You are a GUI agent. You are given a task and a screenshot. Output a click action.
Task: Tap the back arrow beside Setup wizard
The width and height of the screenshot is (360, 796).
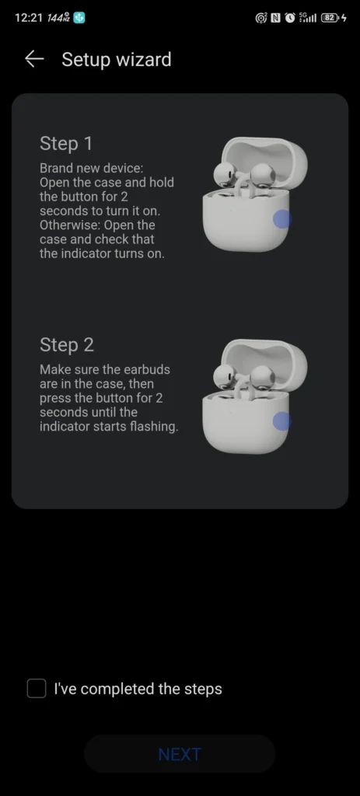[34, 59]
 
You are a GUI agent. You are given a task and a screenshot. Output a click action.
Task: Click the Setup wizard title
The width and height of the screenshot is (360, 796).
[117, 60]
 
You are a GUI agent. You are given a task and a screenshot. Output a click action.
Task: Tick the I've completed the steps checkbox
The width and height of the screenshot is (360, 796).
[37, 689]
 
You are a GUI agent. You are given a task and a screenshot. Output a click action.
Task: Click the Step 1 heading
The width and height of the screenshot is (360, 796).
[66, 144]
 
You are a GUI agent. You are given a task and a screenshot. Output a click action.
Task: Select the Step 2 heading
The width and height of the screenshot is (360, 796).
[67, 344]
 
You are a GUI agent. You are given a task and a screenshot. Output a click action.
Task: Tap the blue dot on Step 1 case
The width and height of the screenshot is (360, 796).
[282, 219]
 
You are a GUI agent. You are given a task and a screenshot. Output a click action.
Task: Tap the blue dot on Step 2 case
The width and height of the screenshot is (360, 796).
[282, 421]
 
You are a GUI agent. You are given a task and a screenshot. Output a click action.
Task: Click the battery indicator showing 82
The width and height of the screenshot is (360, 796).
[330, 19]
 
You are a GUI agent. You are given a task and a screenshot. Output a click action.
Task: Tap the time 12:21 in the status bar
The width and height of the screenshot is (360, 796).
[29, 18]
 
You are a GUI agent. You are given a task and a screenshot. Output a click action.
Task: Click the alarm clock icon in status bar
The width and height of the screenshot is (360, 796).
[290, 19]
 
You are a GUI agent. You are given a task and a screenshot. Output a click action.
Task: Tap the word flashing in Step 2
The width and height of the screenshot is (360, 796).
[153, 427]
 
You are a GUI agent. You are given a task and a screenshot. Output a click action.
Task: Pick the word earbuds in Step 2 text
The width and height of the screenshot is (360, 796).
[145, 369]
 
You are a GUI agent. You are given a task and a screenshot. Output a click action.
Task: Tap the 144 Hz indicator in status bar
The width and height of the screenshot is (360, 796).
[58, 18]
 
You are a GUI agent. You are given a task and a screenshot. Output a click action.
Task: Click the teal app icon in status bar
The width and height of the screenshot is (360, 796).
[79, 18]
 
